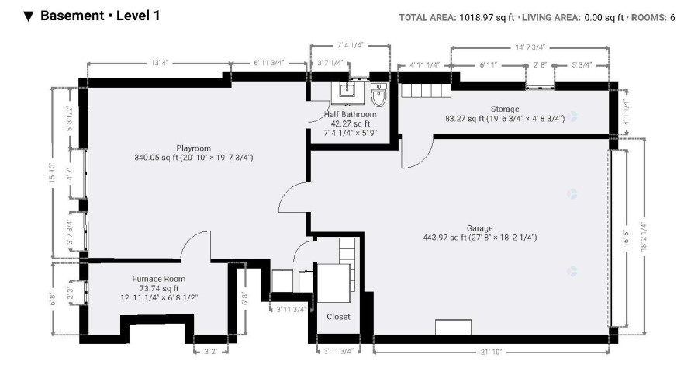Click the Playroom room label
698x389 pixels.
pyautogui.click(x=193, y=148)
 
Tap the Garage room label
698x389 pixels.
pyautogui.click(x=479, y=228)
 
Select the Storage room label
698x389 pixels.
pyautogui.click(x=505, y=109)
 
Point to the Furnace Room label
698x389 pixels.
pyautogui.click(x=159, y=279)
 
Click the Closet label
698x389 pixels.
pyautogui.click(x=338, y=317)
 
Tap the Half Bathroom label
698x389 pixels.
pyautogui.click(x=351, y=114)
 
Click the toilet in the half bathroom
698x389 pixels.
pyautogui.click(x=378, y=95)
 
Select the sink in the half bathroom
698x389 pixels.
pyautogui.click(x=347, y=90)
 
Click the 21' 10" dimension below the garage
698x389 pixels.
pyautogui.click(x=492, y=352)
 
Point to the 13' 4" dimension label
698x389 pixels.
pyautogui.click(x=159, y=63)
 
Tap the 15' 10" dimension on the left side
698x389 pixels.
pyautogui.click(x=53, y=173)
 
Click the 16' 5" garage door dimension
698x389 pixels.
pyautogui.click(x=626, y=238)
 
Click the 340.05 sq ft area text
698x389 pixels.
pyautogui.click(x=156, y=158)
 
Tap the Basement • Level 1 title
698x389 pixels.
pyautogui.click(x=100, y=16)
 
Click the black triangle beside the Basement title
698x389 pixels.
pyautogui.click(x=29, y=16)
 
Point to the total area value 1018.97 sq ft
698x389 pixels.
pyautogui.click(x=486, y=17)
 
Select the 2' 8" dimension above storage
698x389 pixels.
pyautogui.click(x=540, y=65)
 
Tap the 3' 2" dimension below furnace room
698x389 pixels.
pyautogui.click(x=210, y=352)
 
